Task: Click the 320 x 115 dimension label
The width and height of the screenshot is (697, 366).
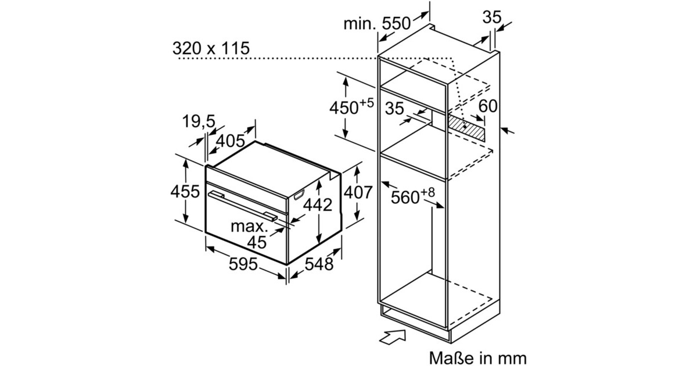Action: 211,48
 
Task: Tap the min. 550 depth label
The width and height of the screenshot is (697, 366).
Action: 377,23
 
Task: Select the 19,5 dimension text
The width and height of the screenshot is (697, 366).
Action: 199,121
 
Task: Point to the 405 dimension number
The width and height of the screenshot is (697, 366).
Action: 230,141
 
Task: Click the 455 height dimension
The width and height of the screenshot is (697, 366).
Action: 185,191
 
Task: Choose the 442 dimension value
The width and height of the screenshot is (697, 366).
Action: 318,204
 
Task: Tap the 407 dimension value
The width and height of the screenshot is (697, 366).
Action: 358,192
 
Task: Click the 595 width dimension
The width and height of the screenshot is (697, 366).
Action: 243,264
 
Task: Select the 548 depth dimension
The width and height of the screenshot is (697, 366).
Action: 319,264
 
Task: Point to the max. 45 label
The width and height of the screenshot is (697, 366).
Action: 250,234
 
